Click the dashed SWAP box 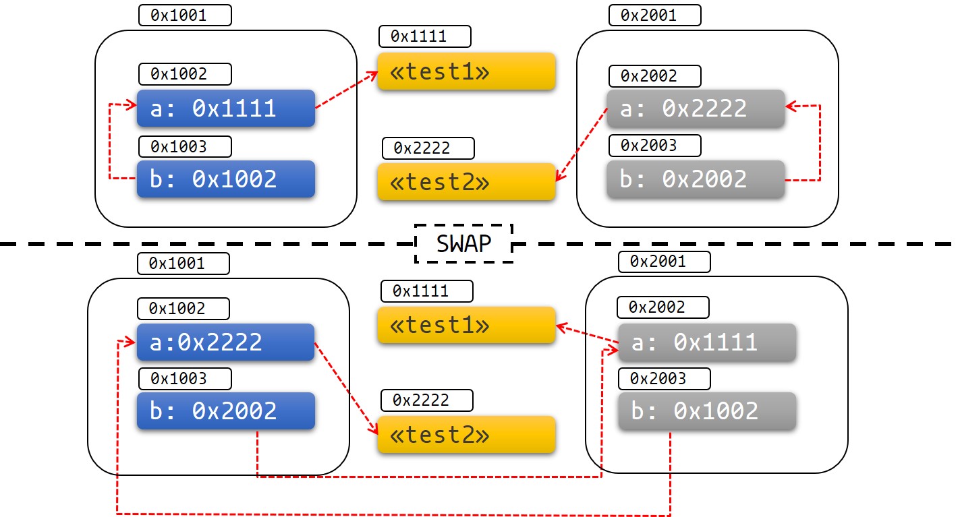pos(463,243)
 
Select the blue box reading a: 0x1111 pos(226,108)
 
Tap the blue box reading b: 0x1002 pos(226,179)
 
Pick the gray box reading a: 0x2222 pos(696,109)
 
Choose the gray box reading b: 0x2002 pos(696,179)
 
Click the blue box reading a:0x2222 pos(226,342)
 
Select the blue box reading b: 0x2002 pos(226,410)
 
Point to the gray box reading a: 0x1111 pos(707,342)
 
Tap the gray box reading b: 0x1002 pos(707,411)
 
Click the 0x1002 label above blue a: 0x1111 pos(185,73)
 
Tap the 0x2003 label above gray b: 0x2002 pos(654,145)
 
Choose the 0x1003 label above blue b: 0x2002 pos(185,378)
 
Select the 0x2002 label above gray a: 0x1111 pos(663,307)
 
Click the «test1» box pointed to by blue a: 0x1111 pos(466,71)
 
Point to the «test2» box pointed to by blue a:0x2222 pos(466,435)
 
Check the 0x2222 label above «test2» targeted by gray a pos(428,148)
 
